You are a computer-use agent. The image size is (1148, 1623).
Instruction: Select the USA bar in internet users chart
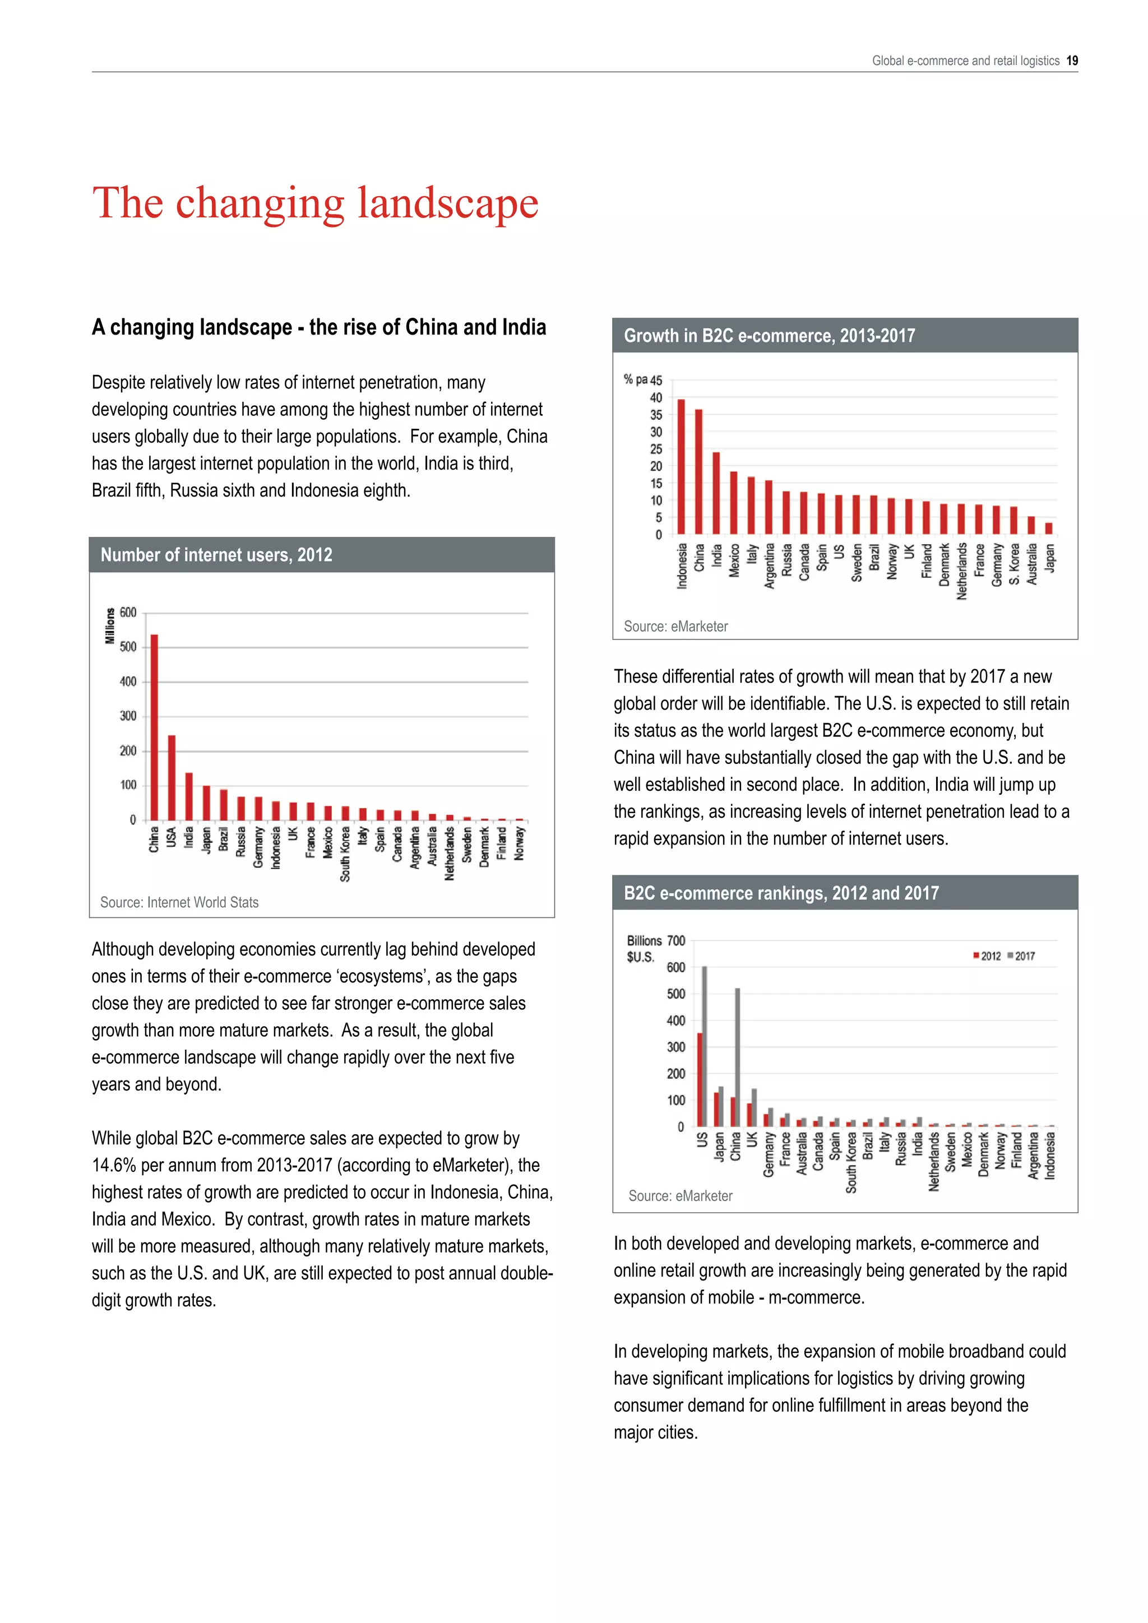(172, 777)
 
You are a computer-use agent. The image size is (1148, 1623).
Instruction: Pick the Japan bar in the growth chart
(1048, 528)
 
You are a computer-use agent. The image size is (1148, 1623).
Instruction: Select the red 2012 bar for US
(700, 1079)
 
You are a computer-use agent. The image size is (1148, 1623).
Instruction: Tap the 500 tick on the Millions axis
(128, 647)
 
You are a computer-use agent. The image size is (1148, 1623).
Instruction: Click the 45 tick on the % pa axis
(656, 381)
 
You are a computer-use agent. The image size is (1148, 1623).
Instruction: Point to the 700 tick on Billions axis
(676, 941)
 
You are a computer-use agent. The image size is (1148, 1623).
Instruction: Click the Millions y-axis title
(109, 625)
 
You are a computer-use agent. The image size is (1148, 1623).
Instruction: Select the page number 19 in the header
(1072, 61)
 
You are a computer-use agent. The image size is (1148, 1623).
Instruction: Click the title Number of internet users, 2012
(216, 555)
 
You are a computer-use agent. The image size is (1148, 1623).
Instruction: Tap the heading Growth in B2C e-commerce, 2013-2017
(769, 336)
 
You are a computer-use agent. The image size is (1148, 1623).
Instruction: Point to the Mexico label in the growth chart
(734, 560)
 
